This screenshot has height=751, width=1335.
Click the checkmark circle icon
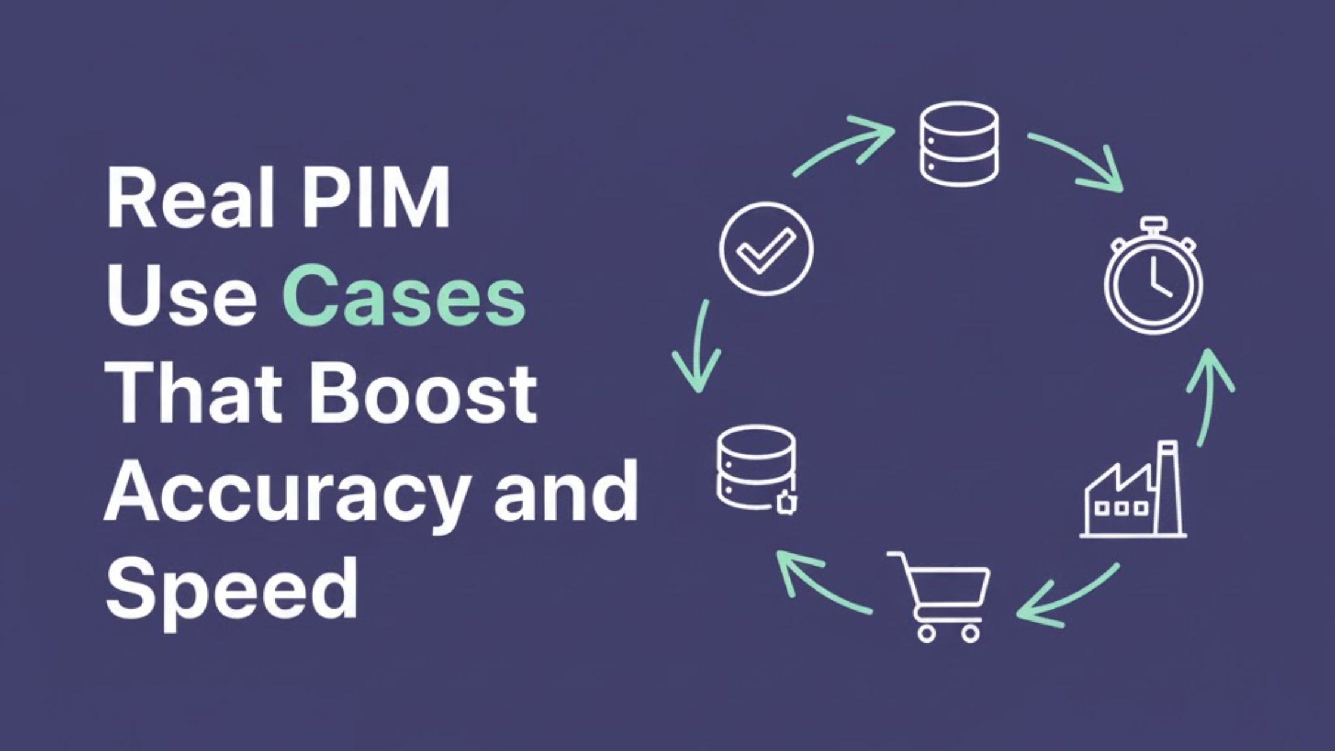tap(766, 249)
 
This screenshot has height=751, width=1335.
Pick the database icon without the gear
tap(959, 143)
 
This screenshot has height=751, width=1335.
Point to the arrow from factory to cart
tap(1067, 596)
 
